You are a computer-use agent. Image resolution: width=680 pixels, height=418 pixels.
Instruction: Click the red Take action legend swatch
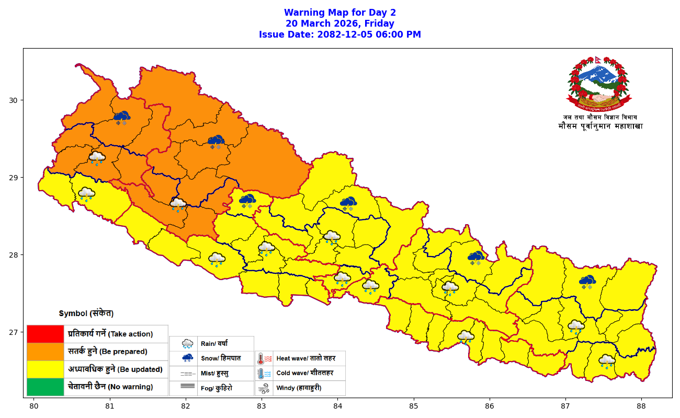pos(45,334)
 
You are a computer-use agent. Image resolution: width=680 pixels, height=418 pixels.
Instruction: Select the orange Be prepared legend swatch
pos(45,352)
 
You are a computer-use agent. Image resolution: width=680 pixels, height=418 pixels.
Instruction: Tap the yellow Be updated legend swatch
pos(45,369)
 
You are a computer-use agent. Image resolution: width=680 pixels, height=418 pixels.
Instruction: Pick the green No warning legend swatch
pos(45,387)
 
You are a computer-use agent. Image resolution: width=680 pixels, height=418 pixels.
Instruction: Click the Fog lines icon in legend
pos(187,387)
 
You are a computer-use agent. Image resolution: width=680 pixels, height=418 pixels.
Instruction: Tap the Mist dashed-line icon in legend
pos(187,374)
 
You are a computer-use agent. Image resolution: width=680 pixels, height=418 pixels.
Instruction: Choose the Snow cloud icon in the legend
pos(187,358)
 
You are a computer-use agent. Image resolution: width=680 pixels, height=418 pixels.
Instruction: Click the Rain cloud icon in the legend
pos(187,344)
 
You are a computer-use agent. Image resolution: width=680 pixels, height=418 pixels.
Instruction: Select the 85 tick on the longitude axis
pos(413,405)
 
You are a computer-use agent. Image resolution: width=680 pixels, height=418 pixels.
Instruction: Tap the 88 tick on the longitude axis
pos(641,405)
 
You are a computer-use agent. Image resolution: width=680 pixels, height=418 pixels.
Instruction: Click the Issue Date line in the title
pos(340,34)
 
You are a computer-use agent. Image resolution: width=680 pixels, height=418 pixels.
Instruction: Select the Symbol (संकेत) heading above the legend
pos(86,313)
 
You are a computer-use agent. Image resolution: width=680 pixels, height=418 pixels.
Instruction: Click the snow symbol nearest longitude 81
pos(122,117)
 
